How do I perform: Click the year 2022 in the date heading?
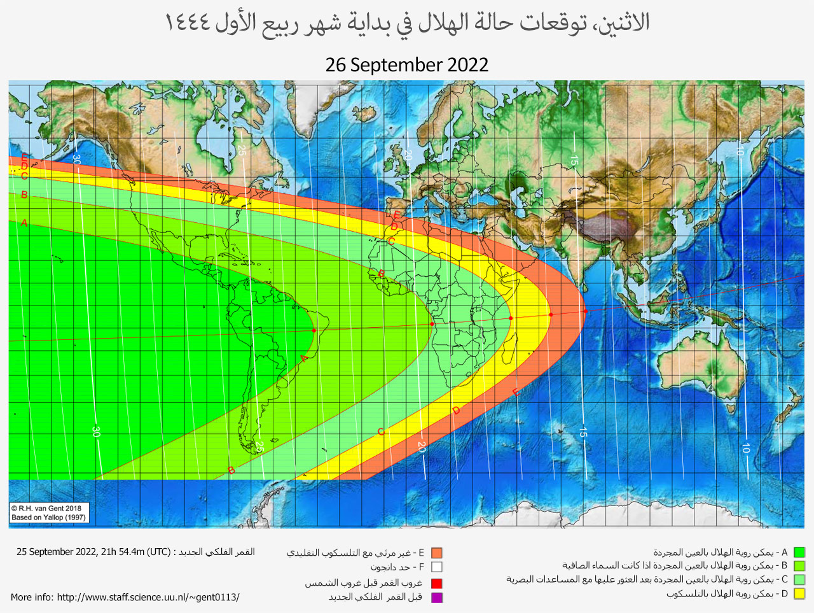tap(467, 65)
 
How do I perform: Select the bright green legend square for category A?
tap(799, 553)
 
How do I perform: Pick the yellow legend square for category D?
tap(799, 594)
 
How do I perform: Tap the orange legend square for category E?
tap(436, 553)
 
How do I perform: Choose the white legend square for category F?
tap(436, 567)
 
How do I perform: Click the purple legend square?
tap(436, 597)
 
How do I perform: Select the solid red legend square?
tap(436, 583)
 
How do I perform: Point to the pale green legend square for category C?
tap(799, 580)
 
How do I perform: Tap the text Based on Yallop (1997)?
tap(48, 518)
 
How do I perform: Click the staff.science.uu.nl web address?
tap(148, 597)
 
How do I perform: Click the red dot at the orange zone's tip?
tap(586, 311)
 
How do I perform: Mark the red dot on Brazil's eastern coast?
tap(314, 331)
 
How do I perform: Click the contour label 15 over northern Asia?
tap(574, 160)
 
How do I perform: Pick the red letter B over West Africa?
tap(382, 274)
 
